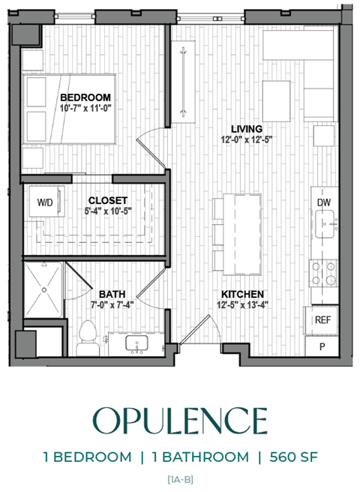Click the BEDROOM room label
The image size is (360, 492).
coord(85,97)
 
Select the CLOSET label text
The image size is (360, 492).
coord(109,200)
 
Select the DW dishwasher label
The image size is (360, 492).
coord(324,202)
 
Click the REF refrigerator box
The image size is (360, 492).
coord(323,319)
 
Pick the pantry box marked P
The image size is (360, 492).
coord(323,346)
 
